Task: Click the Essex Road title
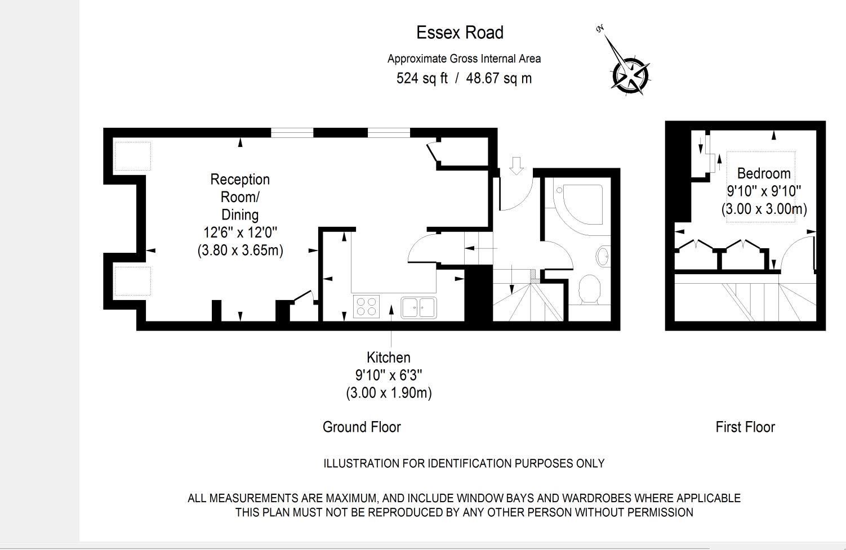pos(460,33)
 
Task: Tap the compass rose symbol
pos(630,74)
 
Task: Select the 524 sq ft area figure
pos(422,78)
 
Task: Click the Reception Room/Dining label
pos(240,196)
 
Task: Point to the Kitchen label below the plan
pos(388,357)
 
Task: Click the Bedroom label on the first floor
pos(764,173)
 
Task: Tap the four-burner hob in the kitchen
pos(366,307)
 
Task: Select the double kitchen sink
pos(418,307)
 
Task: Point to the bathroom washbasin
pos(602,256)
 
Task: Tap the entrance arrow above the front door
pos(516,166)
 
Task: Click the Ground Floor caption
pos(362,427)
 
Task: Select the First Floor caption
pos(745,427)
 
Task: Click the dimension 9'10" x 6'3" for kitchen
pos(388,375)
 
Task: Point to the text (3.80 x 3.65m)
pos(240,250)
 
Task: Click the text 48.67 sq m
pos(498,78)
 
